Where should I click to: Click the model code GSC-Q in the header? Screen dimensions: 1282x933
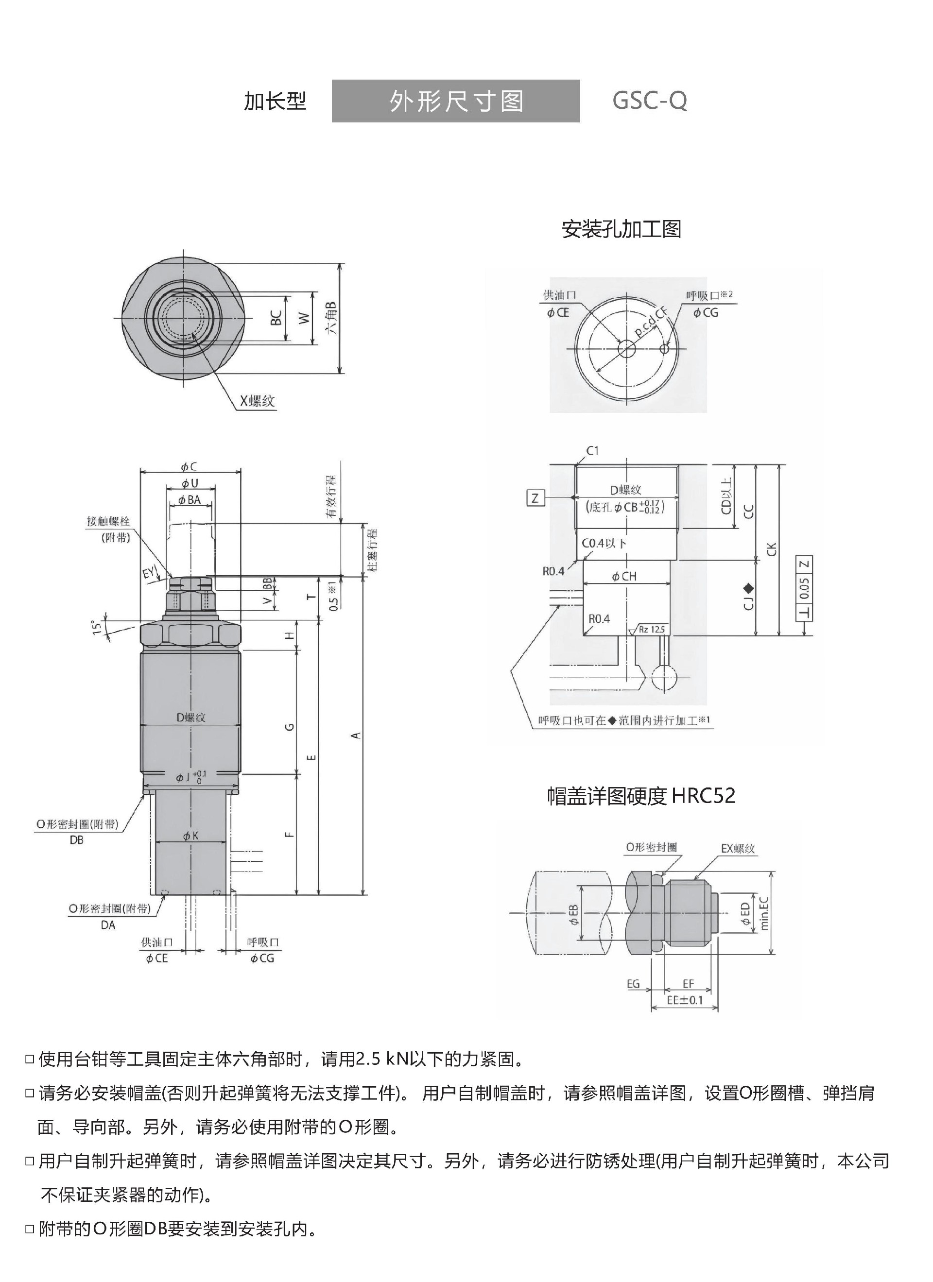(650, 101)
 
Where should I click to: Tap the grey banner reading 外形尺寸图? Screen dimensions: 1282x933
(456, 101)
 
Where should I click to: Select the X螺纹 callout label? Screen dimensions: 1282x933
(257, 401)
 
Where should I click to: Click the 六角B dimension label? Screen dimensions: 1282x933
(332, 317)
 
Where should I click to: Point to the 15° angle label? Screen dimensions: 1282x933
(97, 626)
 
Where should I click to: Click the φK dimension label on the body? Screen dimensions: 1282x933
(190, 836)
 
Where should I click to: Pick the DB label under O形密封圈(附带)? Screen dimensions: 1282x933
(76, 840)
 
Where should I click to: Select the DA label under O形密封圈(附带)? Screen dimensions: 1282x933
(108, 925)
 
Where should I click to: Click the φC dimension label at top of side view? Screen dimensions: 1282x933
(189, 467)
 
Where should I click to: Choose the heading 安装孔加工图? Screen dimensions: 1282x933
(622, 229)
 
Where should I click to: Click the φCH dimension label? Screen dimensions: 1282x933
(624, 576)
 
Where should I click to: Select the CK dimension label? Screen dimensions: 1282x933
(773, 549)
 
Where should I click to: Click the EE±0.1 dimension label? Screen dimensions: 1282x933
(684, 1000)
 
